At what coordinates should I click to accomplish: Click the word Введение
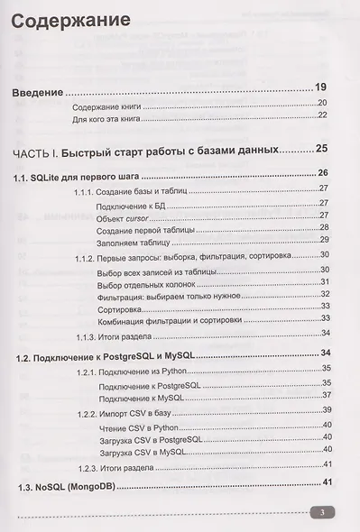pos(42,91)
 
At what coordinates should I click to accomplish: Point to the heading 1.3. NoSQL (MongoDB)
pos(69,485)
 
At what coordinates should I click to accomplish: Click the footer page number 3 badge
pos(322,513)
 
